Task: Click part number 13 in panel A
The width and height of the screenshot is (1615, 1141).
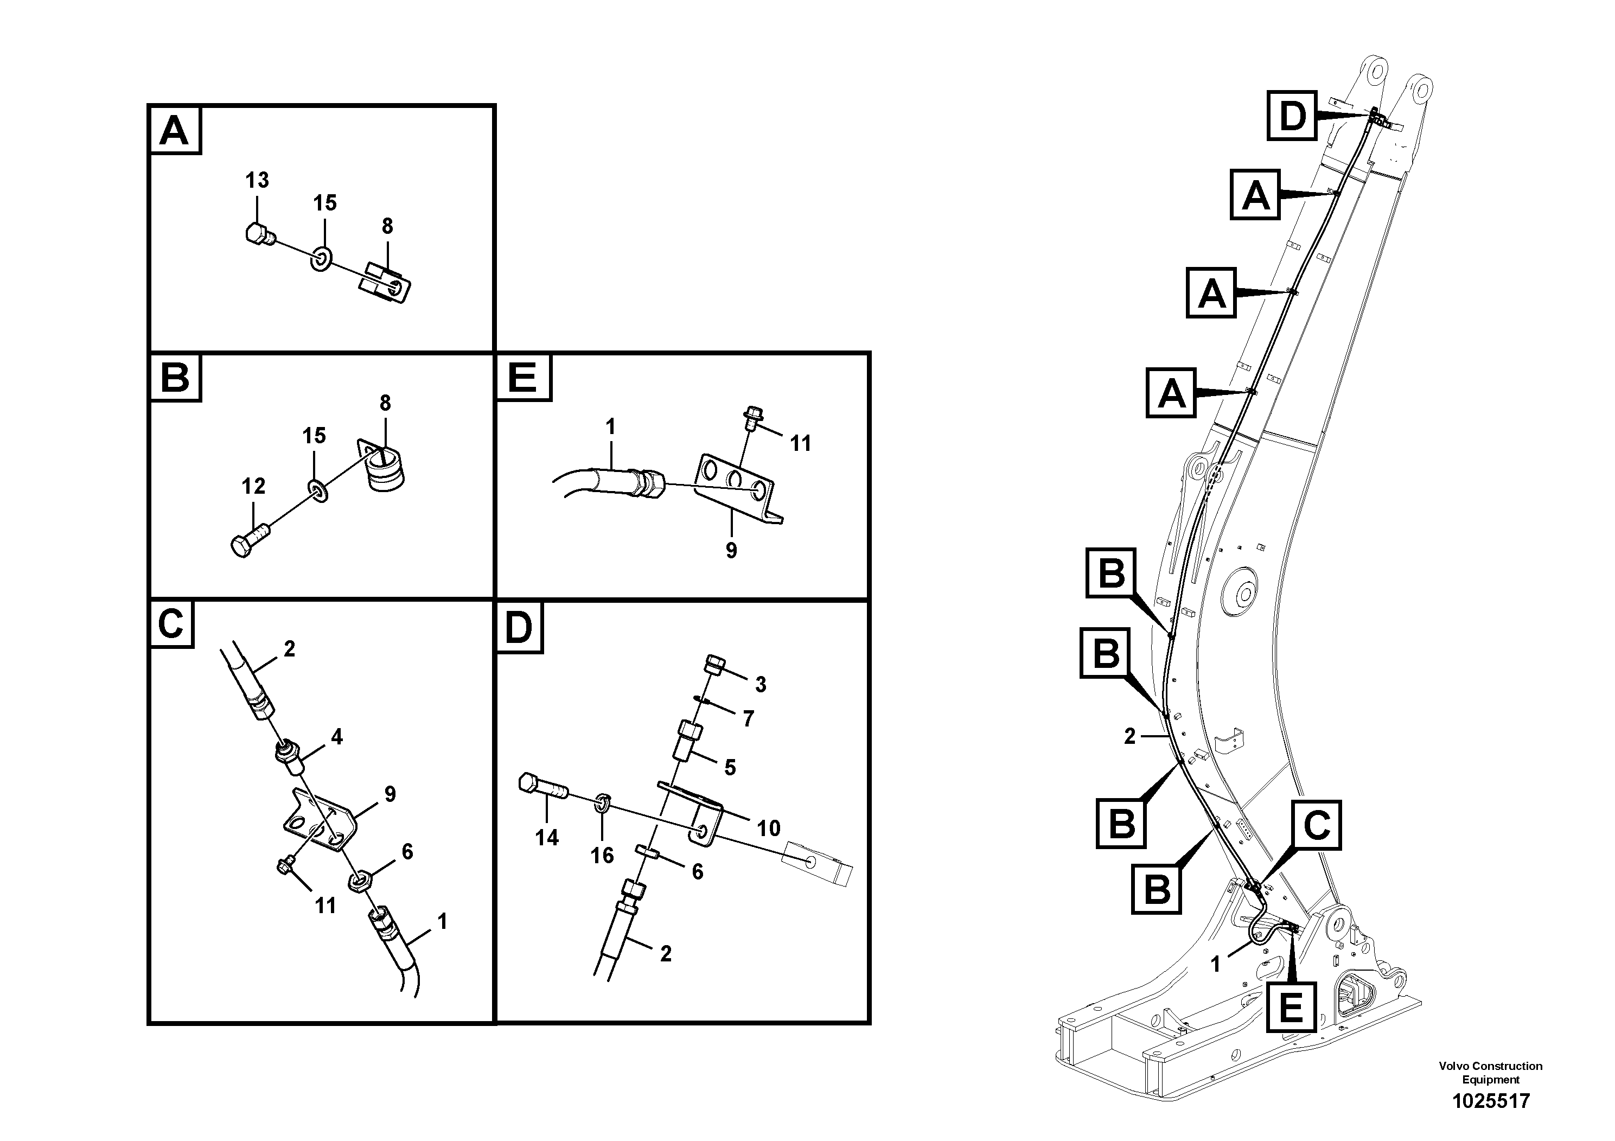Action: pos(257,180)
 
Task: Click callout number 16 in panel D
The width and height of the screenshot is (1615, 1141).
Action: pos(602,856)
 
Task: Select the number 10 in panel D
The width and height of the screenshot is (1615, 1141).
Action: pos(769,828)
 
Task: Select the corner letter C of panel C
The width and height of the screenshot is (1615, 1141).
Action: pos(171,623)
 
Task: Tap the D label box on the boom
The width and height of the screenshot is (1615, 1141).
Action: pos(1292,116)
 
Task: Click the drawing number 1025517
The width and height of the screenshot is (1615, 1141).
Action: pos(1491,1101)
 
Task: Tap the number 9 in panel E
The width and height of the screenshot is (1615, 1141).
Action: pos(731,550)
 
